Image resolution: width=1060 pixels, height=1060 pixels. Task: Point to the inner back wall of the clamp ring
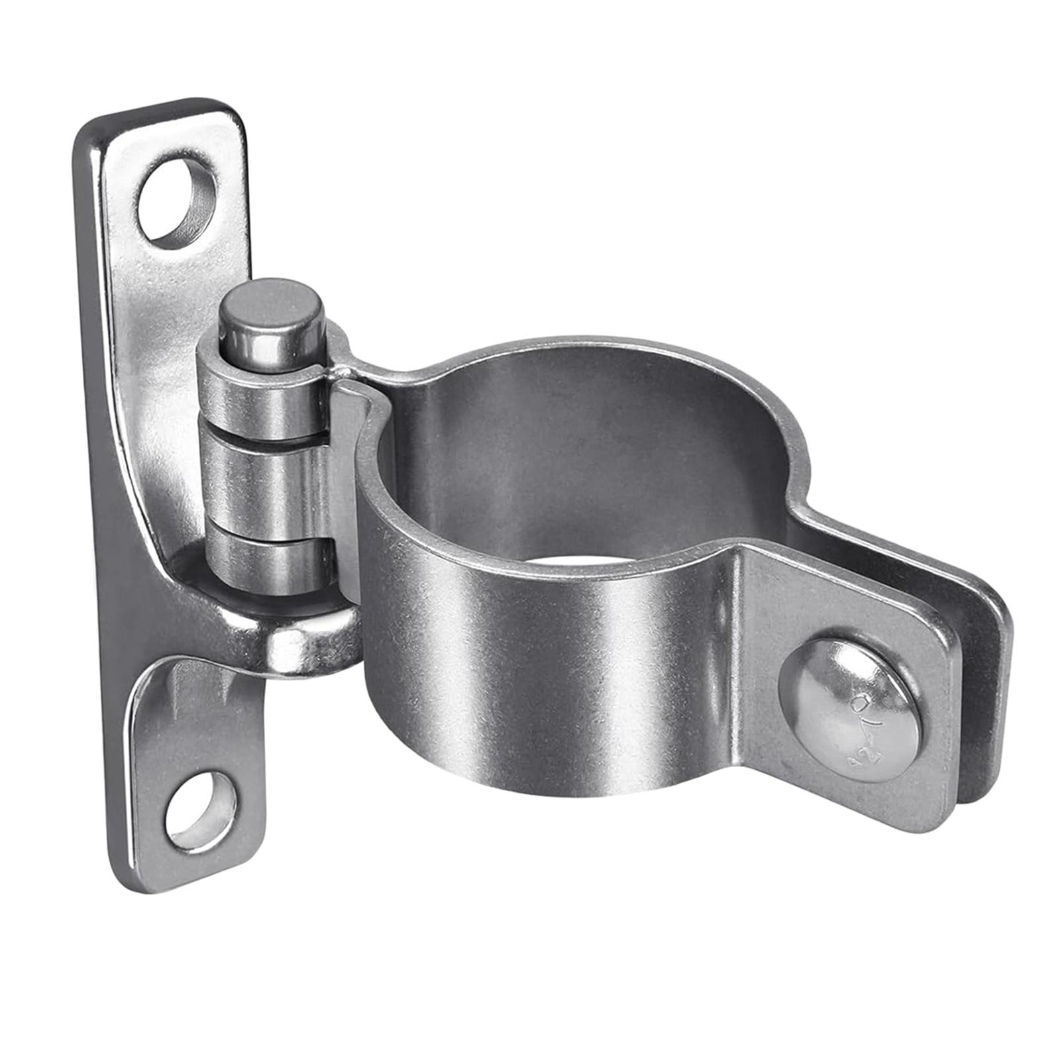point(583,450)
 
